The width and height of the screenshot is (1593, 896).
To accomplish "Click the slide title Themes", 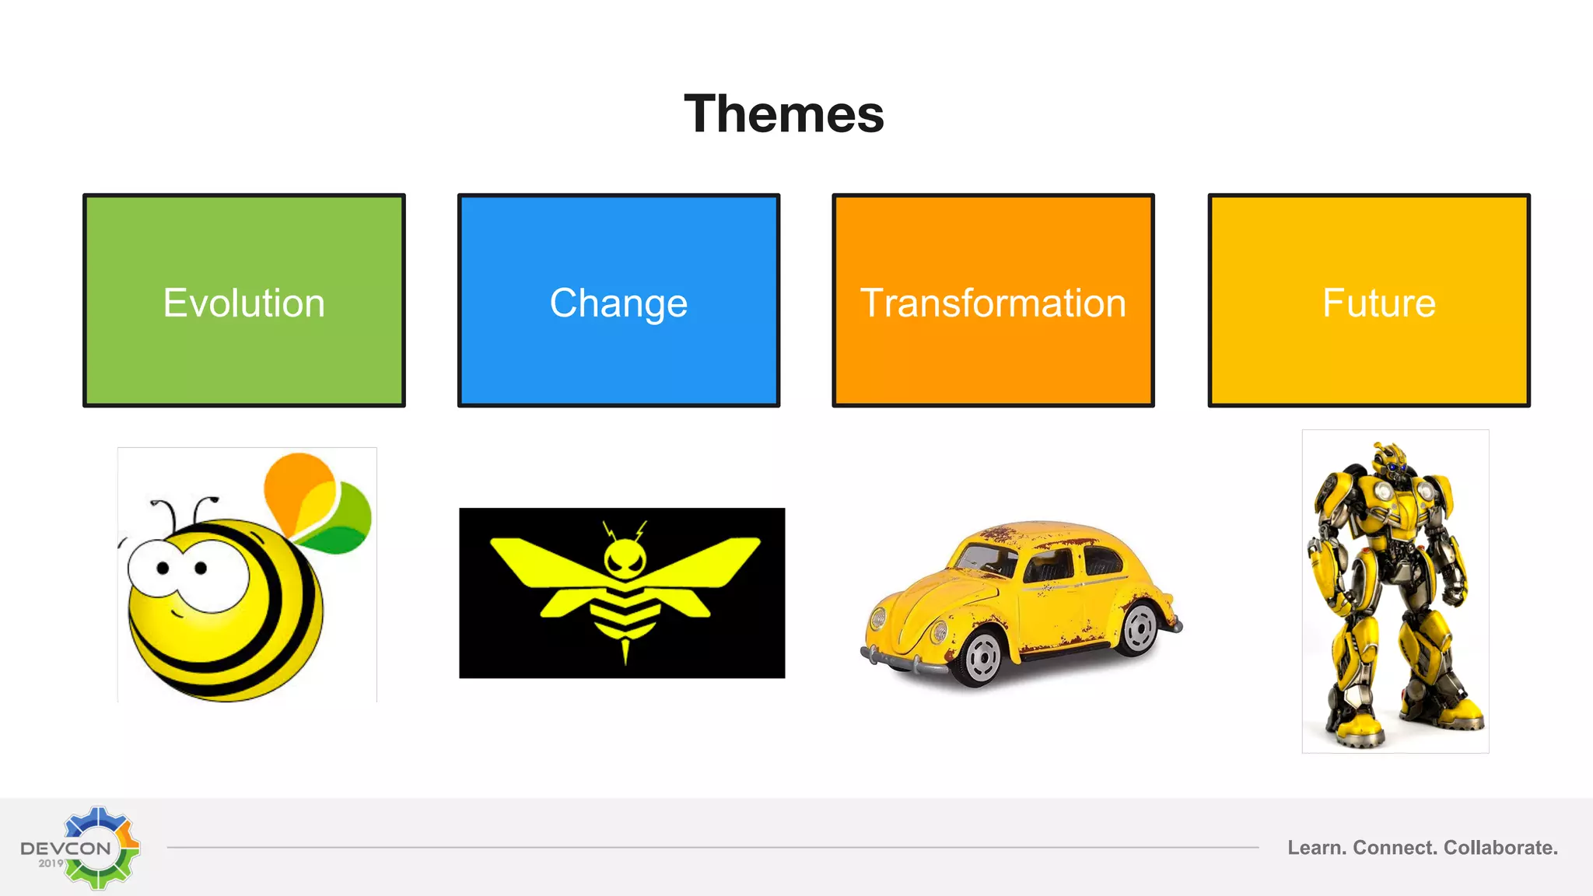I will tap(784, 114).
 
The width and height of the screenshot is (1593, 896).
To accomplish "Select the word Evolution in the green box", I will tap(243, 303).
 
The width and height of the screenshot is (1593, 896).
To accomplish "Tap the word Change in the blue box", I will tap(618, 303).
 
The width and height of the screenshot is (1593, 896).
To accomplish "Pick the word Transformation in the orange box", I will tap(993, 303).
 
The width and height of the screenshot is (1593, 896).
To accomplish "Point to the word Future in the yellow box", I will tap(1378, 303).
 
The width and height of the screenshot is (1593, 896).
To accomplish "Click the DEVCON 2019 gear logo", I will tap(99, 847).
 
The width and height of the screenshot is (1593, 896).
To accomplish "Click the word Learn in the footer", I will tap(1315, 848).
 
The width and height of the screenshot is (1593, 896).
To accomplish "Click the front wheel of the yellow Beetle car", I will tap(982, 657).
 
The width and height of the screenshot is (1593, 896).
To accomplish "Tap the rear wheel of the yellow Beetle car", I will tap(1140, 628).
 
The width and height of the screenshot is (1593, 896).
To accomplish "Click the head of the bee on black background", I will tap(625, 558).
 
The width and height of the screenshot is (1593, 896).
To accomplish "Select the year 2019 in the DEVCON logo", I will tap(51, 863).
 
